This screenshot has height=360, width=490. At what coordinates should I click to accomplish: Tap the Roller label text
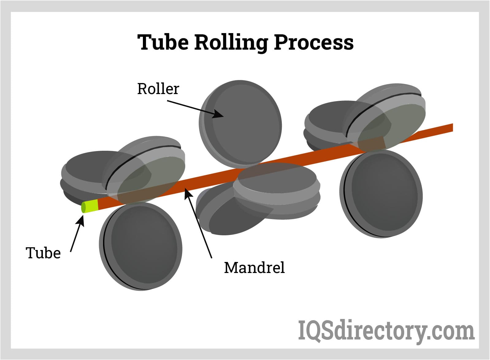[x=158, y=89]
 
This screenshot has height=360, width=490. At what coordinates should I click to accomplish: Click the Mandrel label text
[x=254, y=267]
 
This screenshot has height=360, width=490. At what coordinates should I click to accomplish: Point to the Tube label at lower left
[x=43, y=253]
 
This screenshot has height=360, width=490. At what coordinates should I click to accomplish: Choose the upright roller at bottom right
[x=382, y=194]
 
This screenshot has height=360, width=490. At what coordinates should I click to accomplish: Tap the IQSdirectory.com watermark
[x=386, y=330]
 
